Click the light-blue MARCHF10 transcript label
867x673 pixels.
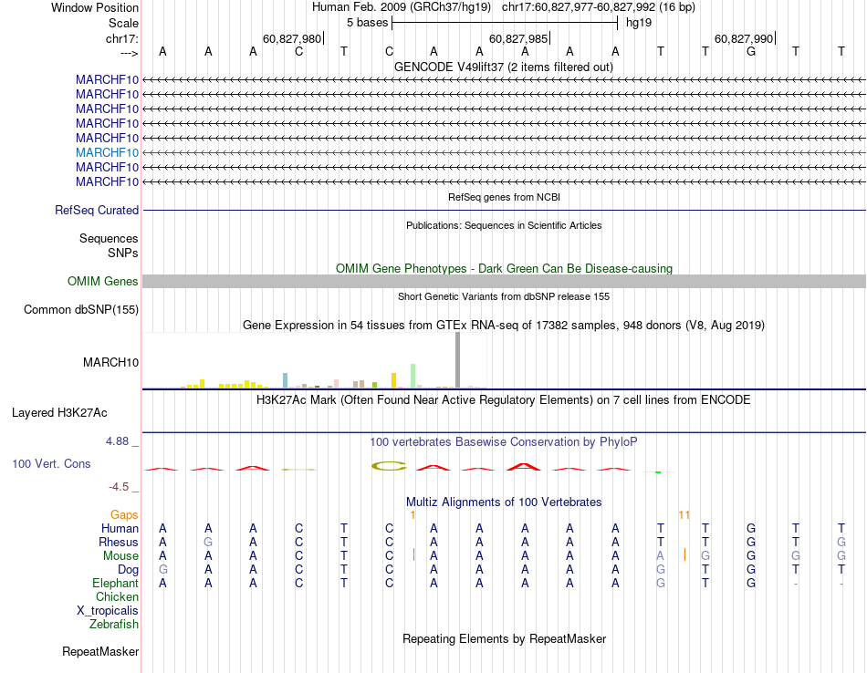coord(108,152)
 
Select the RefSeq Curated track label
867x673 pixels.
coord(97,210)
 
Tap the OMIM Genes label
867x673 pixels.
coord(103,282)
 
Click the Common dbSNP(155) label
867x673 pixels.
coord(81,310)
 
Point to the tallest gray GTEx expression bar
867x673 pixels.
coord(458,360)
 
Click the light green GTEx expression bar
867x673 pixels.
coord(413,376)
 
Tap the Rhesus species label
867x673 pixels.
coord(119,543)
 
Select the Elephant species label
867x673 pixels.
coord(115,584)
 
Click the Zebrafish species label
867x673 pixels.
coord(114,625)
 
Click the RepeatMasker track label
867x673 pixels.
coord(100,652)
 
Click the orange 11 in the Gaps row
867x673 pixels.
coord(684,515)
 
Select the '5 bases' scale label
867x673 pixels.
coord(367,23)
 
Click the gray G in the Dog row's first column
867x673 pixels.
coord(162,570)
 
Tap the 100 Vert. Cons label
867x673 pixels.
coord(51,464)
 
